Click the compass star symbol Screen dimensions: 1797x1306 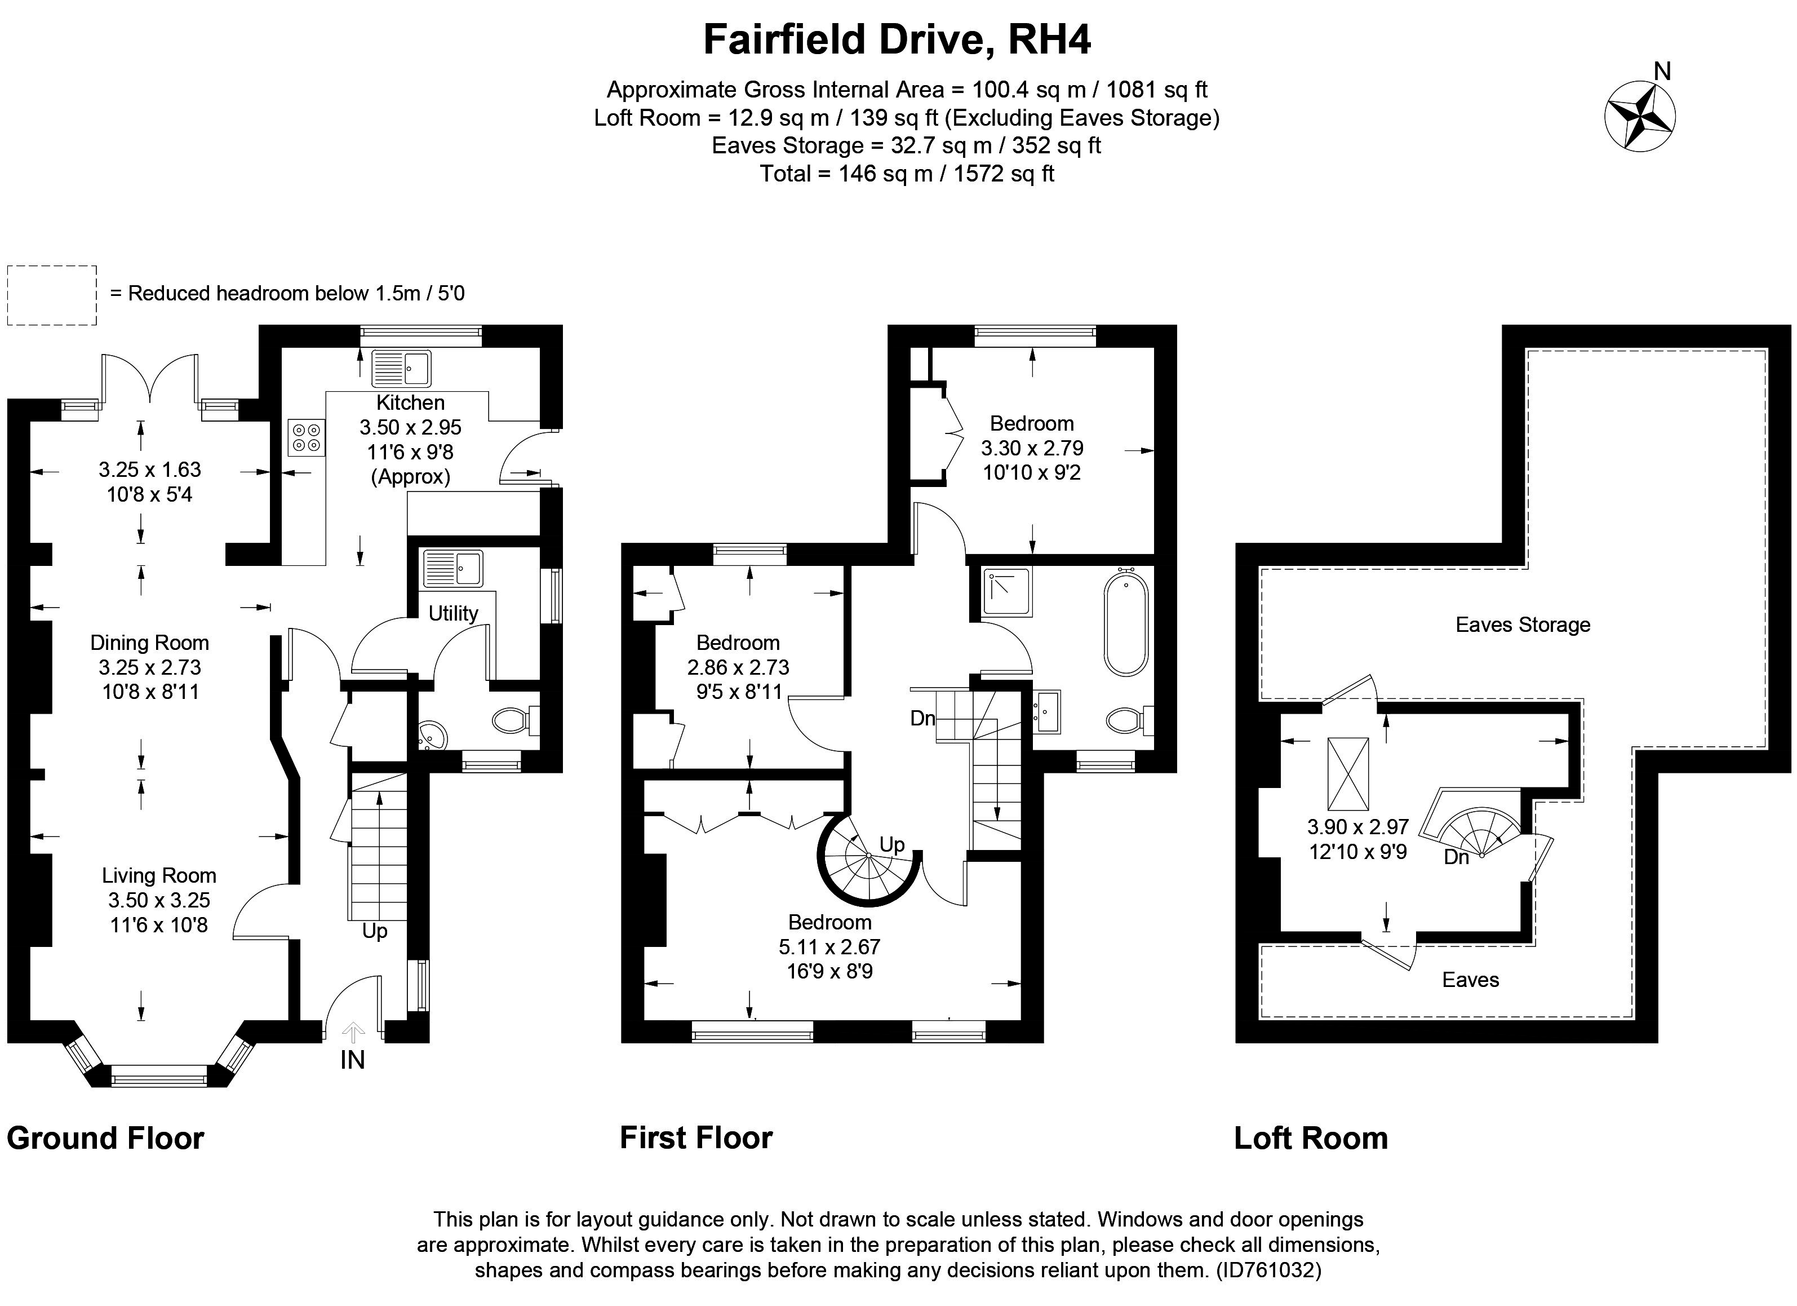(x=1639, y=117)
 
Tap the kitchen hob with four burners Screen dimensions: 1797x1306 (x=306, y=437)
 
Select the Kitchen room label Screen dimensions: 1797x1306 (x=410, y=402)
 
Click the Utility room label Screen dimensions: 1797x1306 (x=453, y=613)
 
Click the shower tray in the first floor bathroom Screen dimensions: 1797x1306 (x=1007, y=592)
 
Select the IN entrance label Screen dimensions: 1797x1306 (x=353, y=1060)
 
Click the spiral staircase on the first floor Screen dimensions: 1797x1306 (x=868, y=857)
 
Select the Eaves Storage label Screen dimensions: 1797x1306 (x=1522, y=625)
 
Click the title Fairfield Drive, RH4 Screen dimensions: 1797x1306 (x=897, y=39)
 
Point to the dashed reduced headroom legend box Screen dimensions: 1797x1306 (x=52, y=295)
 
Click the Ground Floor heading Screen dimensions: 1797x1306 (x=105, y=1139)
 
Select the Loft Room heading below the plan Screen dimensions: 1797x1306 (x=1311, y=1139)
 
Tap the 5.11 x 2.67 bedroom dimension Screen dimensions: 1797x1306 (x=829, y=947)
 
